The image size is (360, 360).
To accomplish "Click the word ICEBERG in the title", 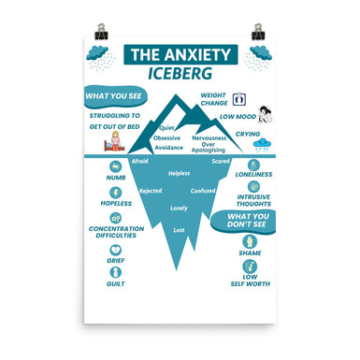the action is (182, 72).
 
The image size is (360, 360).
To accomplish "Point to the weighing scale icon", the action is (238, 98).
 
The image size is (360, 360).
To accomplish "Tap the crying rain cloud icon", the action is (263, 144).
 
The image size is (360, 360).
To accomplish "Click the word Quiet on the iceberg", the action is (168, 126).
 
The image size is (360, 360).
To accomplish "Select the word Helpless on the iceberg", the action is (179, 173).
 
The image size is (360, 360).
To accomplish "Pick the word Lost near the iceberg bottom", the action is (179, 230).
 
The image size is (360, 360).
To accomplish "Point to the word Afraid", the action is (140, 161).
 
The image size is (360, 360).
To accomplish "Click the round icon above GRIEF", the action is (116, 251).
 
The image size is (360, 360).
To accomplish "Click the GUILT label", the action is (116, 282).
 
